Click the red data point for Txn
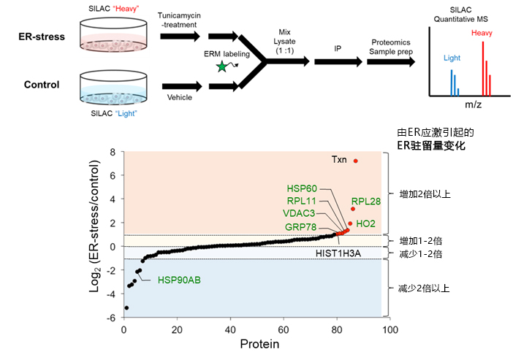[x=356, y=161]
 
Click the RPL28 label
[x=365, y=200]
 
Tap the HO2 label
[x=366, y=223]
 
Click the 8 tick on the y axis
[x=113, y=152]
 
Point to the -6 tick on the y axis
[x=110, y=318]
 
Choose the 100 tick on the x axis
[x=390, y=330]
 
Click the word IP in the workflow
[x=337, y=47]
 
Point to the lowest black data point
[x=126, y=307]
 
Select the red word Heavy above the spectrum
[x=482, y=34]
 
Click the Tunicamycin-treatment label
[x=180, y=20]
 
